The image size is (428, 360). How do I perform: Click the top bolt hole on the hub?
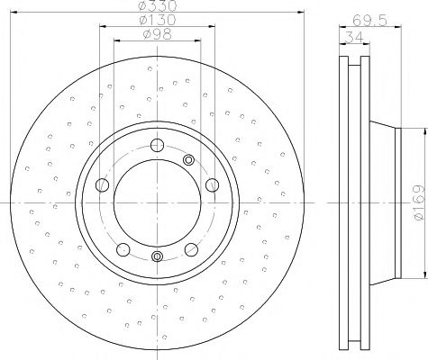(158, 145)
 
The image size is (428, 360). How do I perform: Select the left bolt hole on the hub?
(102, 185)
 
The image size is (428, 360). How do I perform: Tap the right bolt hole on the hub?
(213, 185)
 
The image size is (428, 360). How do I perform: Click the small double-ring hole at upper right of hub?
(189, 160)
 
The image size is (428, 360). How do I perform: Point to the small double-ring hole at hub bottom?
(158, 257)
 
